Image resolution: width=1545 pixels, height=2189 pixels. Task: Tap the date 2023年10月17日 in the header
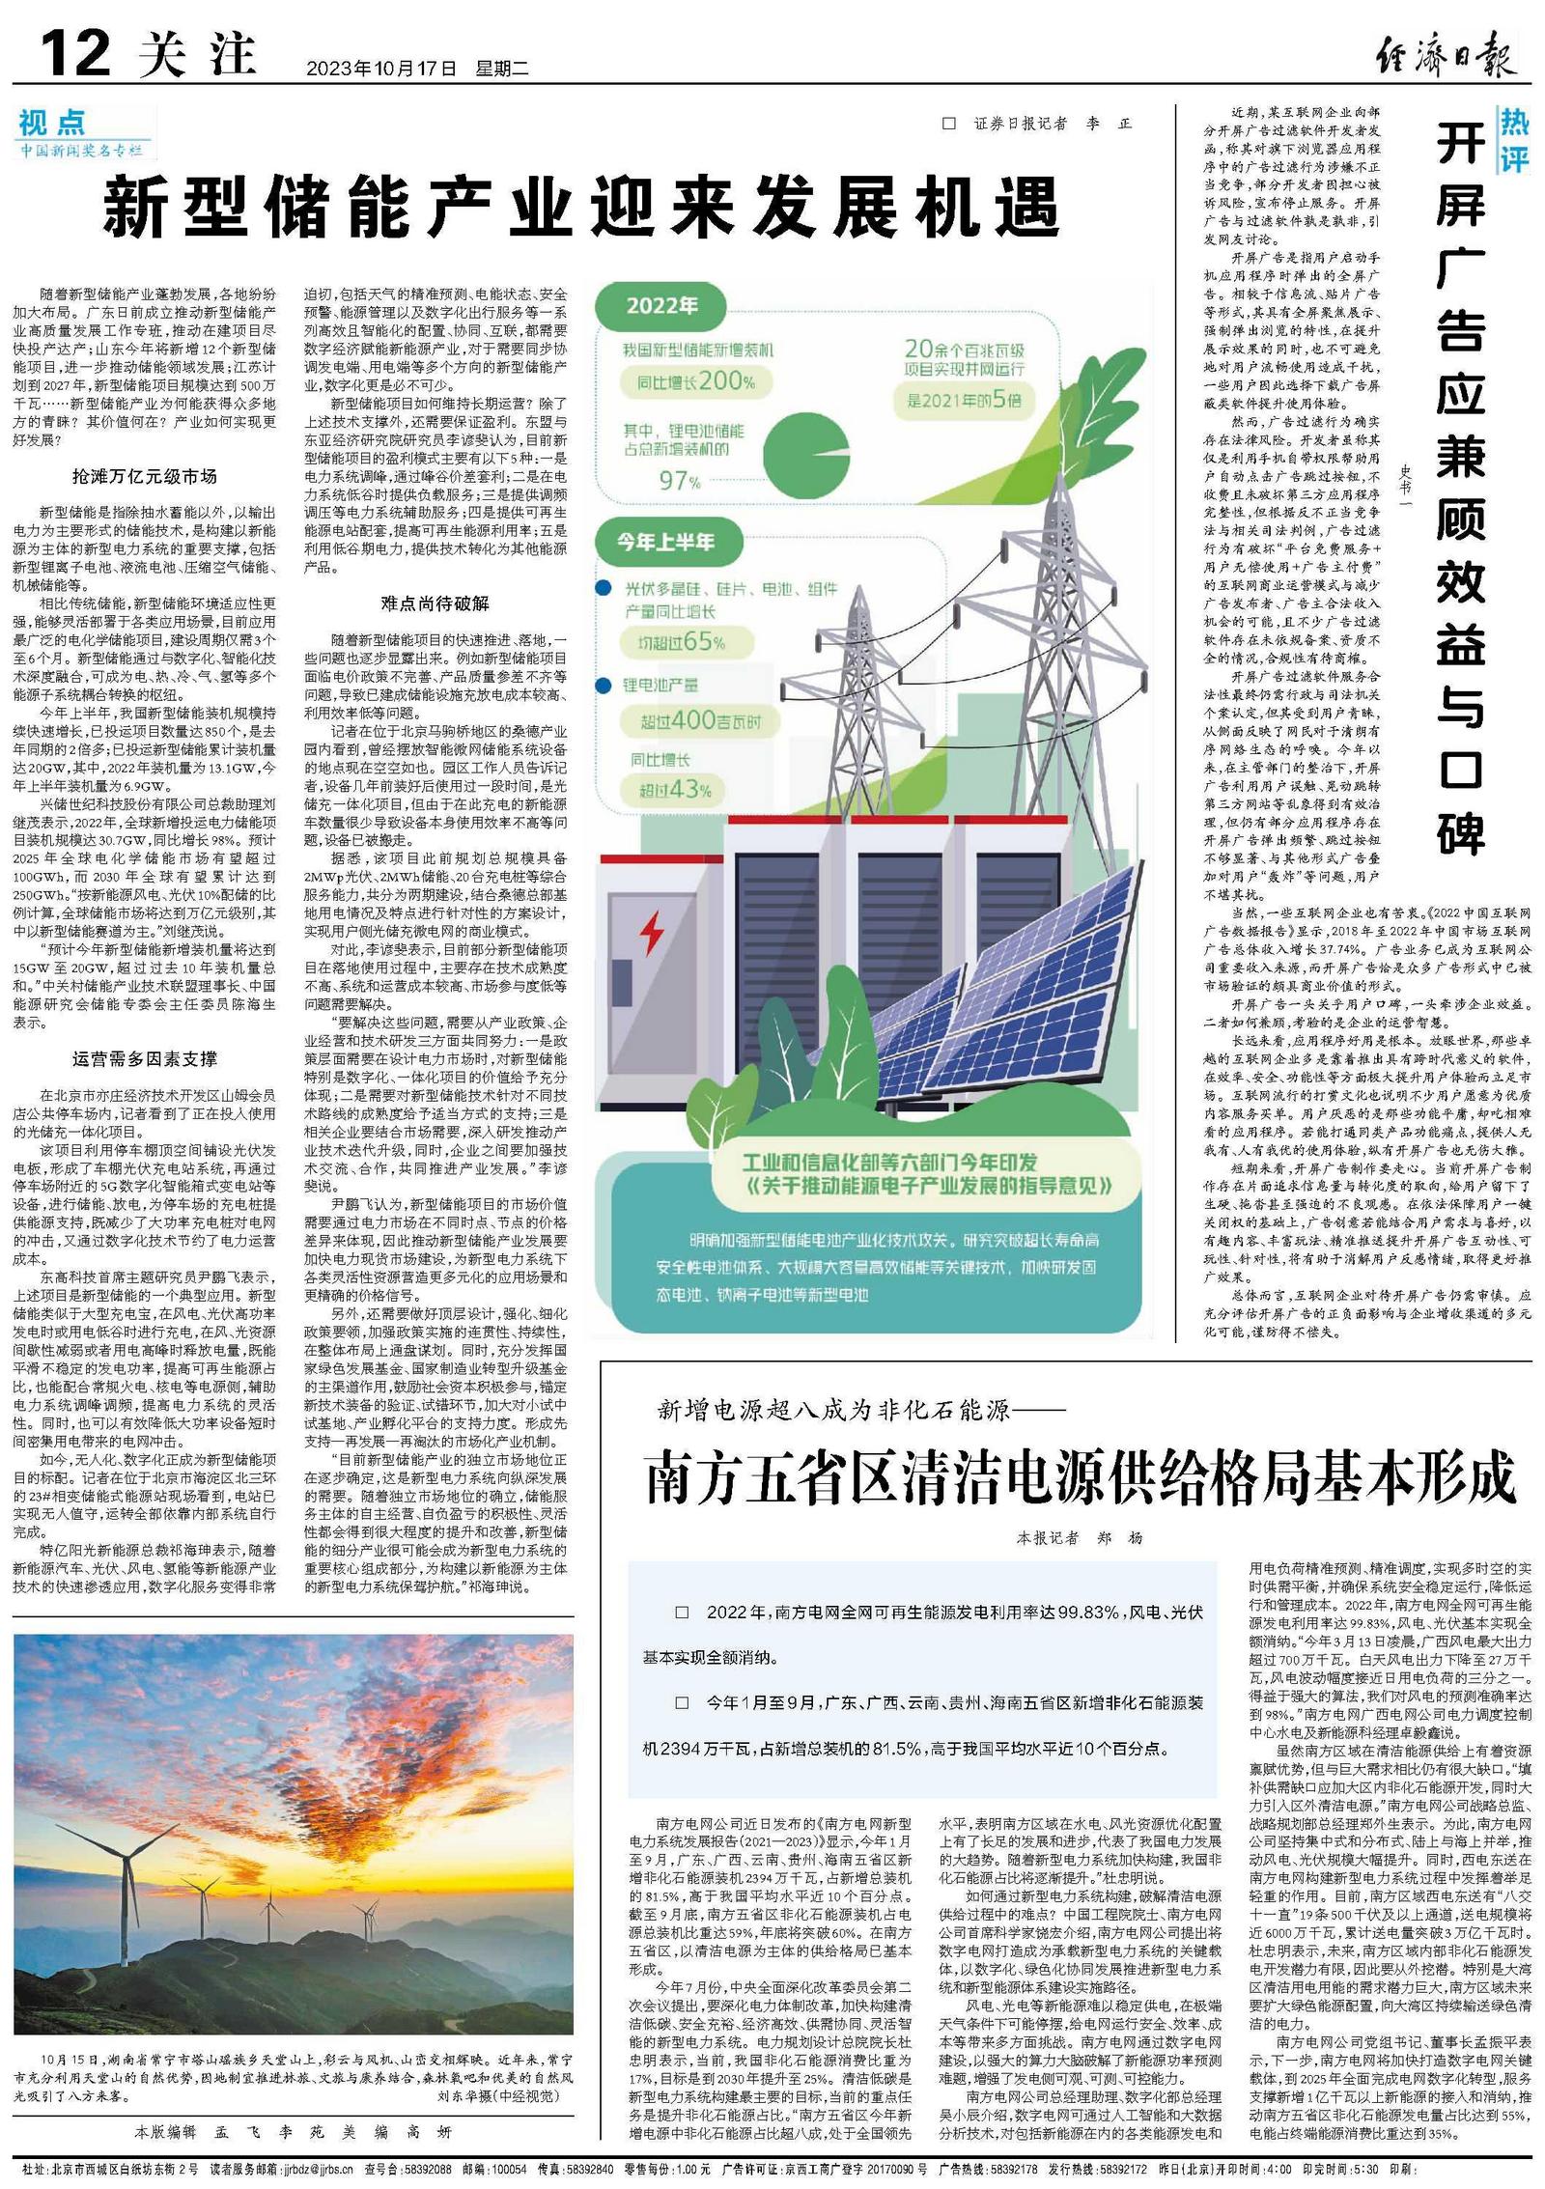click(x=380, y=69)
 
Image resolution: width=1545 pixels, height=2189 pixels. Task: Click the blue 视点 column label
click(x=52, y=123)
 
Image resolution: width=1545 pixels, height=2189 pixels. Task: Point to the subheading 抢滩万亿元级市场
click(x=145, y=476)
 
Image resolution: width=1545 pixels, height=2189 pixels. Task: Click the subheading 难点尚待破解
click(x=435, y=603)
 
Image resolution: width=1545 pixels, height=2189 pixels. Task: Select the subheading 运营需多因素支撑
click(x=145, y=1058)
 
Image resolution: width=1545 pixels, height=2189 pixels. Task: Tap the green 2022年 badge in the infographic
click(x=662, y=306)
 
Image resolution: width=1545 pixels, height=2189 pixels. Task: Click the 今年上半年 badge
click(x=666, y=542)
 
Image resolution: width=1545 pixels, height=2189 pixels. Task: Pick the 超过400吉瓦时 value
click(x=700, y=720)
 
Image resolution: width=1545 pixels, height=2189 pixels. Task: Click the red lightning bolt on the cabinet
click(x=653, y=932)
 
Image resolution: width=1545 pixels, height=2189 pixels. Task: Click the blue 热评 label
click(x=1514, y=138)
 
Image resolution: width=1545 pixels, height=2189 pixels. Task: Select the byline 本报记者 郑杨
click(x=1080, y=1537)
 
